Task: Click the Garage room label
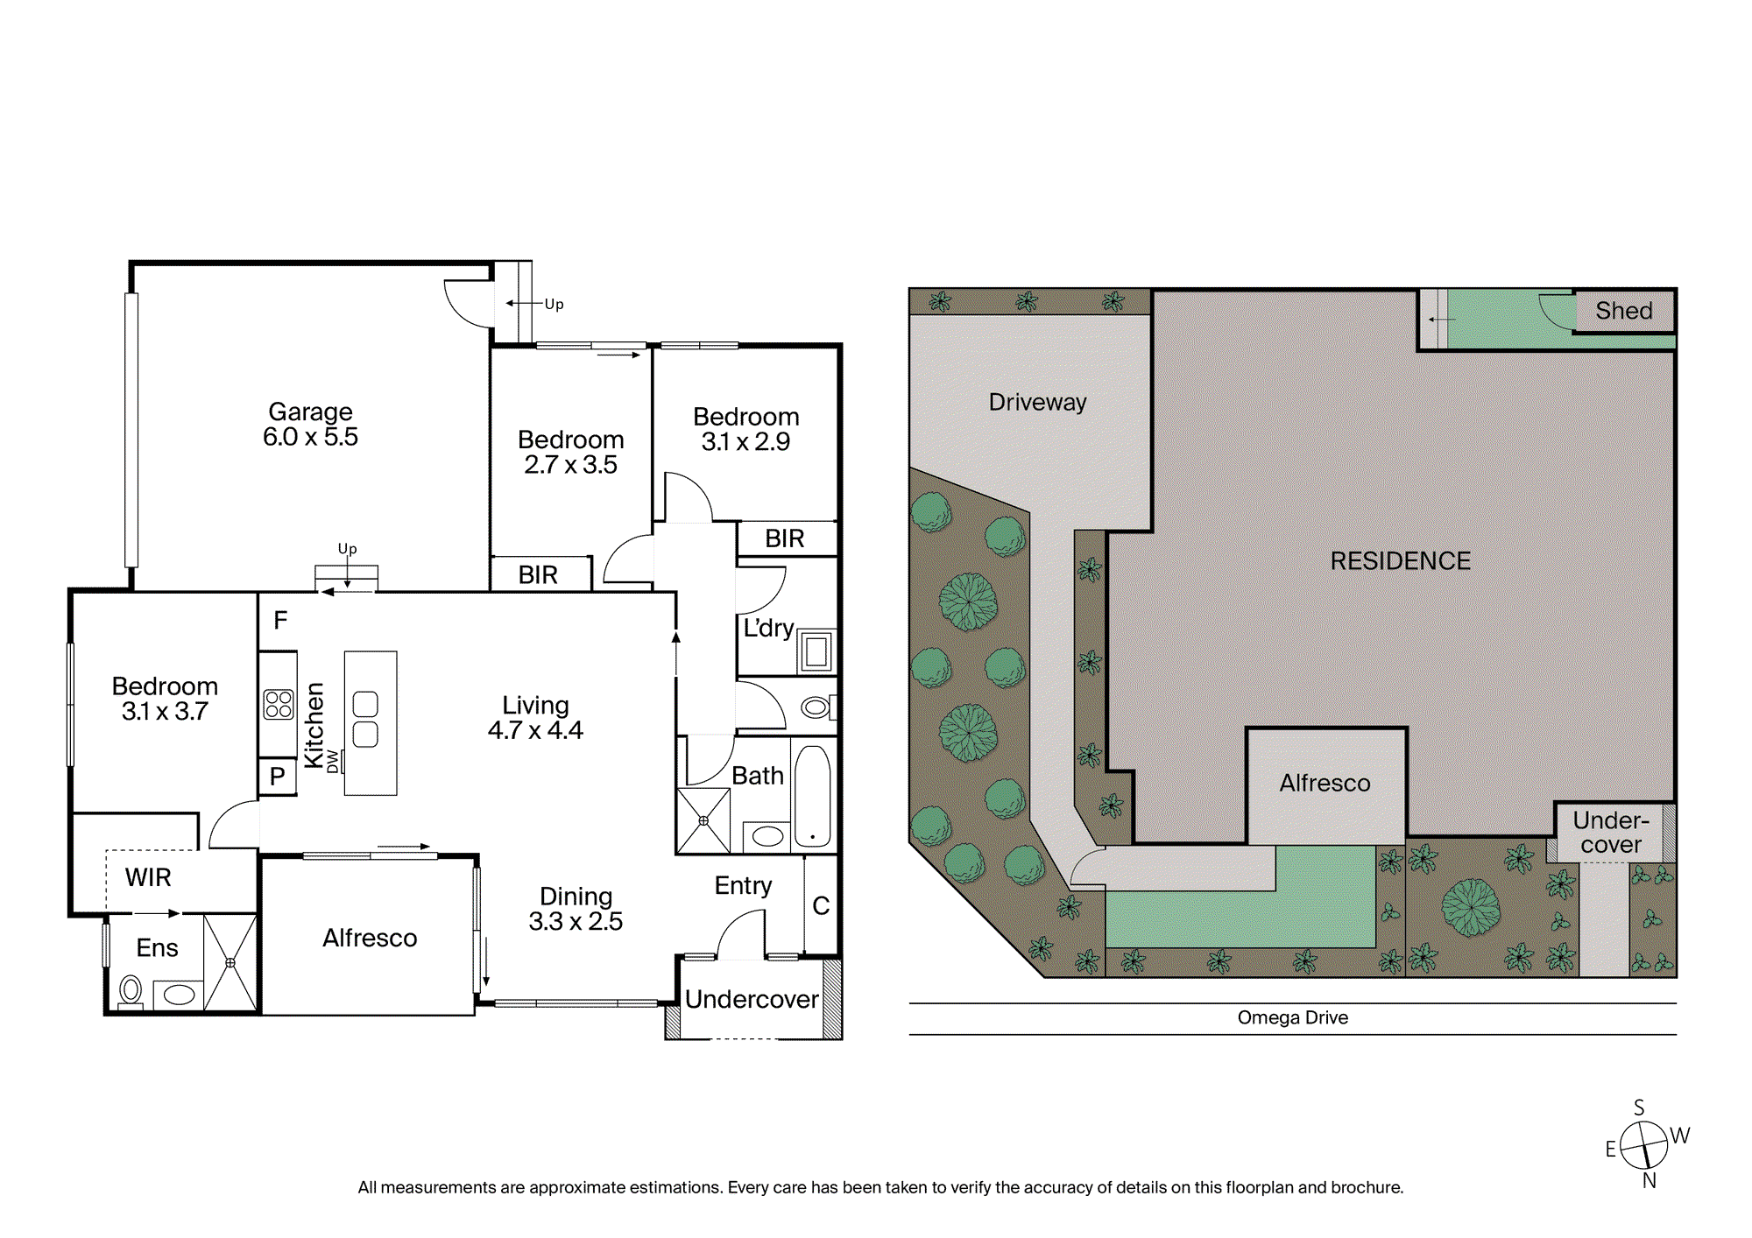click(310, 411)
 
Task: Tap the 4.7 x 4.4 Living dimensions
click(535, 730)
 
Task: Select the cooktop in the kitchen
click(279, 704)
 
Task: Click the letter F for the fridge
click(280, 621)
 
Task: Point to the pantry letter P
click(278, 777)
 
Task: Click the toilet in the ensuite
click(131, 992)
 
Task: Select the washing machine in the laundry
click(816, 651)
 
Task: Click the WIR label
click(148, 877)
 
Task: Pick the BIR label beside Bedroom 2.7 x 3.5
click(538, 575)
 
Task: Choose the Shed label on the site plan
click(1624, 311)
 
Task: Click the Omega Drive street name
click(1293, 1017)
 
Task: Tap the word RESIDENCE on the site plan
click(1401, 561)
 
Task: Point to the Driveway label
click(1037, 403)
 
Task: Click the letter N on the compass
click(1650, 1181)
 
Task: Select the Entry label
click(743, 886)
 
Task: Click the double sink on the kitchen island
click(365, 719)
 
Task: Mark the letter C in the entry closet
click(821, 906)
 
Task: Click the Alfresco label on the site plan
click(1325, 784)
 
